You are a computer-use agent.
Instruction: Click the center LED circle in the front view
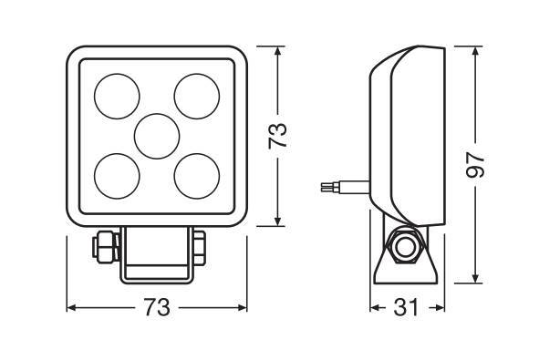[x=157, y=136]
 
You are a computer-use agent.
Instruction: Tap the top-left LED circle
[x=117, y=97]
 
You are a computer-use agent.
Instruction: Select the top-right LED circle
[x=197, y=97]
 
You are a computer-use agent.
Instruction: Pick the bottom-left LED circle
[x=117, y=176]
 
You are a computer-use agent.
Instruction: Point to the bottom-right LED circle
[x=197, y=176]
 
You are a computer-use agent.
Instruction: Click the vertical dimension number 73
[x=277, y=136]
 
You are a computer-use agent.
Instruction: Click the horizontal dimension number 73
[x=157, y=307]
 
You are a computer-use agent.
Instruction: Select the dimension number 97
[x=475, y=165]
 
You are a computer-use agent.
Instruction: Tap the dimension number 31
[x=406, y=307]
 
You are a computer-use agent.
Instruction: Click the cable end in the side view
[x=327, y=187]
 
